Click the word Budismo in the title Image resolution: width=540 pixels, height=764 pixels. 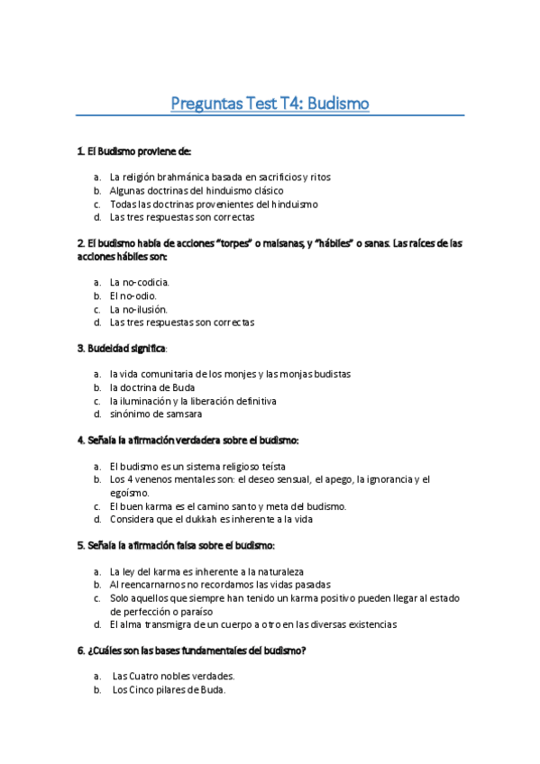tap(337, 104)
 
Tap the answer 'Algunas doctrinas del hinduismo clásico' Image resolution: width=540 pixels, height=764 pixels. tap(197, 191)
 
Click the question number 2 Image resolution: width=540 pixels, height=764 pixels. tap(81, 243)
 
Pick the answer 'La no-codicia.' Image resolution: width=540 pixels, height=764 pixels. tap(140, 282)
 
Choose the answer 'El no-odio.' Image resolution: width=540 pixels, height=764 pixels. tap(133, 296)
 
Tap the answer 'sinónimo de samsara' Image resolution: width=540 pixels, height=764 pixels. tap(156, 414)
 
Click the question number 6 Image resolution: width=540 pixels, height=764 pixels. tap(81, 650)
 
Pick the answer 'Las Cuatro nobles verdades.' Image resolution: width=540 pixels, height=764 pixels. tap(174, 677)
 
